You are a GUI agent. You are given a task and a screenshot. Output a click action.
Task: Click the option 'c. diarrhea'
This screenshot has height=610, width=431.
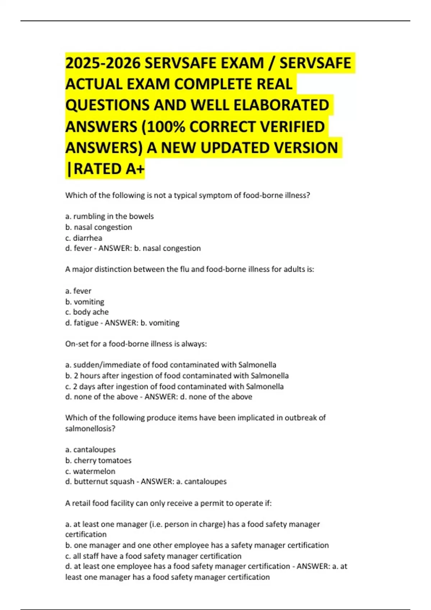point(84,238)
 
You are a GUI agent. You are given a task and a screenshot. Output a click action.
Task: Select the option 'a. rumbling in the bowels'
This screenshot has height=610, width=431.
point(110,216)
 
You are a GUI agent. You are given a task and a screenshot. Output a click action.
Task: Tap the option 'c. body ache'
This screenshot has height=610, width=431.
point(87,312)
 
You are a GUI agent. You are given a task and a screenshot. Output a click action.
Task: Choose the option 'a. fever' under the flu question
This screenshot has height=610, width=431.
point(78,291)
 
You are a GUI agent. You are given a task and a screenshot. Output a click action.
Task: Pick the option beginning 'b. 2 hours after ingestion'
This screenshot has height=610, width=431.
point(177,376)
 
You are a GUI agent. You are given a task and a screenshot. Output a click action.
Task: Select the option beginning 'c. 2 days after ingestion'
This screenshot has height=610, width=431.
point(175,386)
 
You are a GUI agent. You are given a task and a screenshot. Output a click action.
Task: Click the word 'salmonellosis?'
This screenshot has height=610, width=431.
point(90,428)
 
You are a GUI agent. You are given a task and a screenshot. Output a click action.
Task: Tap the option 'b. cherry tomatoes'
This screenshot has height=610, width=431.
point(98,460)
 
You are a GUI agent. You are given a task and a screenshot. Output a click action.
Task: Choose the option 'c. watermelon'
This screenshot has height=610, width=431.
point(91,471)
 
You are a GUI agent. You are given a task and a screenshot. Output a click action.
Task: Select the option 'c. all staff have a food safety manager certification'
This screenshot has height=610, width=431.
point(153,556)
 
